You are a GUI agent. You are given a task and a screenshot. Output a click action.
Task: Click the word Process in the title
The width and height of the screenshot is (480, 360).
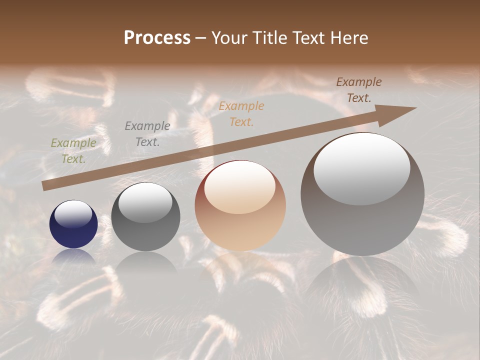click(x=157, y=38)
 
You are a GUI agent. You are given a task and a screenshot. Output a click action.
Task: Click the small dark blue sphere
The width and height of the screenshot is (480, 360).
click(x=73, y=224)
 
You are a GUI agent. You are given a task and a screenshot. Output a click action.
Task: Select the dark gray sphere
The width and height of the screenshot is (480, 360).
click(x=145, y=216)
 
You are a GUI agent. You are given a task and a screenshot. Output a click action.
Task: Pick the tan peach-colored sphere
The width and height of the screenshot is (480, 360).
click(x=240, y=205)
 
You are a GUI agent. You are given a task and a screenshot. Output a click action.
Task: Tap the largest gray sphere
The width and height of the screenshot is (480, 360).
click(x=362, y=194)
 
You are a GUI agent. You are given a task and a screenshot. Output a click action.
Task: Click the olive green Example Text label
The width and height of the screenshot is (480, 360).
click(x=73, y=150)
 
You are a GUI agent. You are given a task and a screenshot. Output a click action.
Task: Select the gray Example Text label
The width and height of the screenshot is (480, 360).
click(x=147, y=133)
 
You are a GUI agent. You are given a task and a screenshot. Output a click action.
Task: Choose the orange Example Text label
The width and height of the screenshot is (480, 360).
click(x=241, y=113)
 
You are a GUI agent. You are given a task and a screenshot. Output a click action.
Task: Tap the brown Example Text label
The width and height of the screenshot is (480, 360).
click(x=358, y=90)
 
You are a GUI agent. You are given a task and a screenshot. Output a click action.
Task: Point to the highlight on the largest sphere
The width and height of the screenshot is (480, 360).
click(x=361, y=167)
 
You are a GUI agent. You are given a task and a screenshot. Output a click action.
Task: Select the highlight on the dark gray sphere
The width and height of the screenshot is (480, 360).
click(x=145, y=201)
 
